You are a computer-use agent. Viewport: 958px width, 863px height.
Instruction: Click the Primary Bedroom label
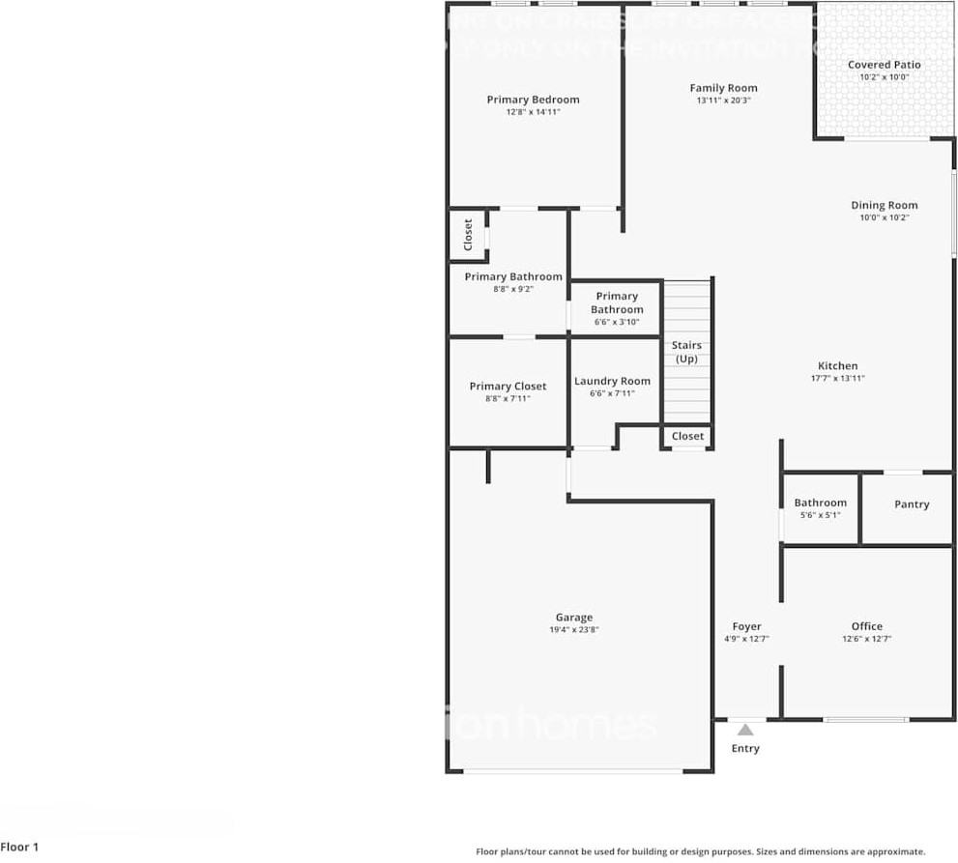tap(533, 100)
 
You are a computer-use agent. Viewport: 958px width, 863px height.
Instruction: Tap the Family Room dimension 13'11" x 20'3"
tap(723, 101)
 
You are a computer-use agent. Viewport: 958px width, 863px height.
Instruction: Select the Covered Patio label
tap(884, 65)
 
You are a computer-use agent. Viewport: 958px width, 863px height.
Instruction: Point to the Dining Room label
tap(884, 205)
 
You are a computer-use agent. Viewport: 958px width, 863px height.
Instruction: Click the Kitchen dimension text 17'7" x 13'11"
tap(837, 379)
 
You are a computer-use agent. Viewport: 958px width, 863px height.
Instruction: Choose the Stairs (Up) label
tap(686, 352)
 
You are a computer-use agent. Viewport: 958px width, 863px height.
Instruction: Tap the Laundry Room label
tap(612, 381)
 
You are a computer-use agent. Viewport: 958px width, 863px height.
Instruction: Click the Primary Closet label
tap(508, 387)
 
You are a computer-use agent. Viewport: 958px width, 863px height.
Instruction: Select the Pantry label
tap(911, 504)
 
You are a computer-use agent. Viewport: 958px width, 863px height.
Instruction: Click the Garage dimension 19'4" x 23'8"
tap(573, 630)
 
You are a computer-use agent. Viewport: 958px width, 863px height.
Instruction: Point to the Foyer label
tap(746, 627)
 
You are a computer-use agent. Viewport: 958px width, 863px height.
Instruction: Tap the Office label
tap(866, 626)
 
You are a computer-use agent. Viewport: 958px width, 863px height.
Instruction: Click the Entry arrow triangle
tap(745, 731)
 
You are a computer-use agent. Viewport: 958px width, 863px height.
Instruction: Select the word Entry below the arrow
tap(745, 749)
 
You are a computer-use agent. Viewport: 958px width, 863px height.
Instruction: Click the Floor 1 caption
tap(20, 848)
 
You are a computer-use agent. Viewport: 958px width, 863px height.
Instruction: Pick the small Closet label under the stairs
tap(687, 436)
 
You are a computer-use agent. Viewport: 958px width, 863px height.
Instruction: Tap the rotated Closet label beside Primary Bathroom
tap(468, 235)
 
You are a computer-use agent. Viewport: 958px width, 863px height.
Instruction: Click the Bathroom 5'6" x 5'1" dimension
tap(820, 515)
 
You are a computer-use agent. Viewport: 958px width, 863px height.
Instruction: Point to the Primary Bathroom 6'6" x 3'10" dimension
tap(617, 322)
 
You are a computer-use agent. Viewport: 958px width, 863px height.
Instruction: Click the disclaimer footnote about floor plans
tap(700, 851)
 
